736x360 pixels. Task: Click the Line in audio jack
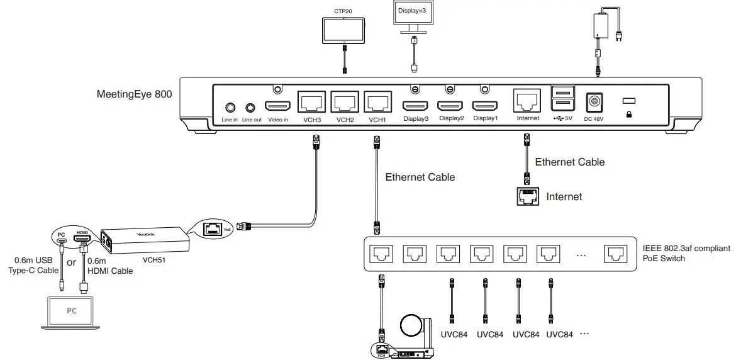click(x=230, y=108)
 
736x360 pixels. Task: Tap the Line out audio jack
click(x=252, y=108)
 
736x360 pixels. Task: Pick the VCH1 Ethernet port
click(x=377, y=103)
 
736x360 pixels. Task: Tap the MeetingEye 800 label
click(x=134, y=95)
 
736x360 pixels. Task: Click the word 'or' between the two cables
click(x=71, y=262)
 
